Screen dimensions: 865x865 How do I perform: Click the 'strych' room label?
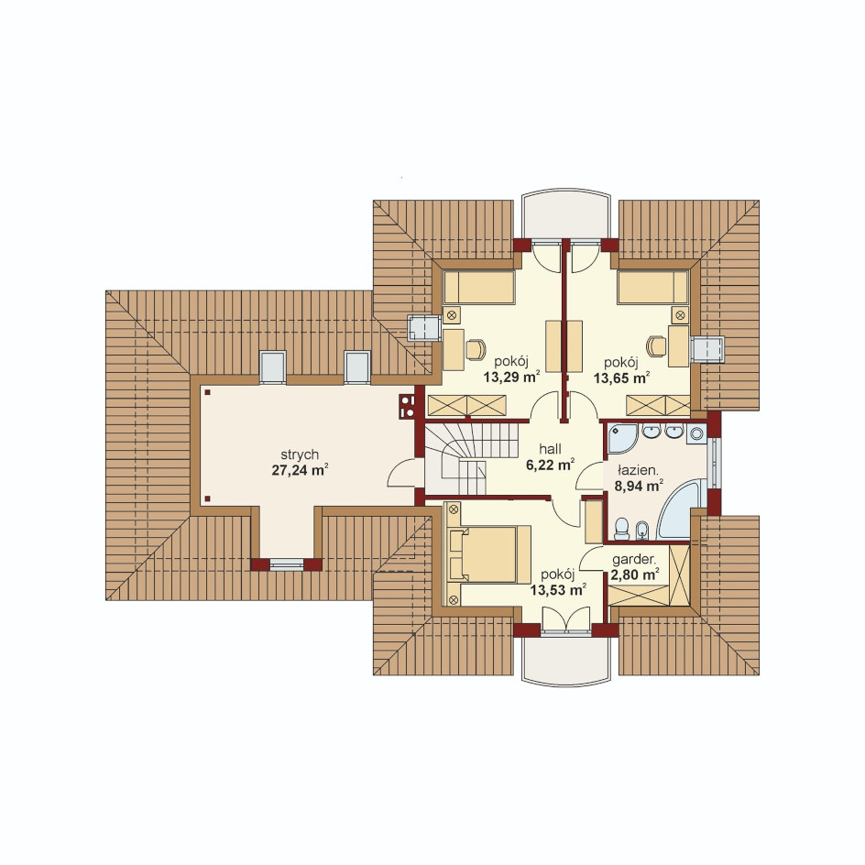coord(300,455)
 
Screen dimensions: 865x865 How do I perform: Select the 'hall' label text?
coord(550,449)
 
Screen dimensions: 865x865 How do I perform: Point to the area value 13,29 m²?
coord(511,378)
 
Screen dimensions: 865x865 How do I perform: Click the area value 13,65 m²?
coord(621,378)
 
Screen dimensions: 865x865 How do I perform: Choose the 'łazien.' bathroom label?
coord(638,471)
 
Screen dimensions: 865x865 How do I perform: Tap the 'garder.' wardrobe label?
coord(634,559)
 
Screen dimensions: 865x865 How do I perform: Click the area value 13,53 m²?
coord(558,590)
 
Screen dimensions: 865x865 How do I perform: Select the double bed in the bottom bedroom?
coord(489,554)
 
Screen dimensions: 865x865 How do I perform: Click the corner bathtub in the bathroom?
coord(683,510)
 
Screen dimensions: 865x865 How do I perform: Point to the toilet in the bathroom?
coord(621,529)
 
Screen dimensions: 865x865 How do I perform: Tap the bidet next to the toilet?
coord(642,531)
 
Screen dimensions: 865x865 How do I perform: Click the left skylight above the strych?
coord(272,367)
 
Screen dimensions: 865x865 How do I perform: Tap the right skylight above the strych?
coord(357,367)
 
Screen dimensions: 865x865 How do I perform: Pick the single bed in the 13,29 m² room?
coord(479,288)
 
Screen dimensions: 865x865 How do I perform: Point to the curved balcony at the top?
coord(566,215)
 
